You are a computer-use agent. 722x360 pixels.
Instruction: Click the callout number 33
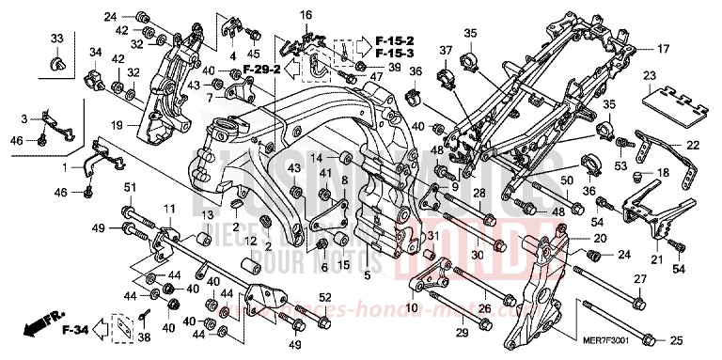coord(56,38)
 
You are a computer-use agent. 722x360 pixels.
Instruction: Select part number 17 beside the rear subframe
coord(662,48)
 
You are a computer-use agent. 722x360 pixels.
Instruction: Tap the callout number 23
coord(649,75)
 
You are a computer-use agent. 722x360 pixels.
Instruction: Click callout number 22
coord(693,145)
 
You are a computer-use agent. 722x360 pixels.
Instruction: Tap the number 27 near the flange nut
coord(638,279)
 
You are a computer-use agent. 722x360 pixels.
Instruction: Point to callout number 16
coord(306,15)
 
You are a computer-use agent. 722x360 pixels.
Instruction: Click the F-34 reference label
coord(74,330)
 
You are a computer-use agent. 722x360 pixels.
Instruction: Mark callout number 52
coord(324,299)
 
